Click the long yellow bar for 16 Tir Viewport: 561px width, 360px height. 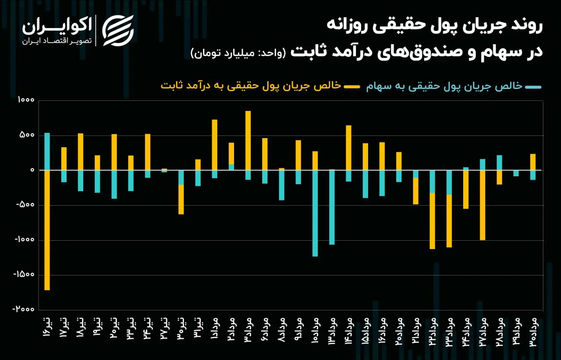(x=47, y=230)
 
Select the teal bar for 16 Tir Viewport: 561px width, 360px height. (x=47, y=152)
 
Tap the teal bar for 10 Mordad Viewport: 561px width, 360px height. (x=315, y=214)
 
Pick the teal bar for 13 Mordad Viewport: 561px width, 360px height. (x=332, y=207)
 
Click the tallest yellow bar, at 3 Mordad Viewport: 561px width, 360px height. (x=248, y=141)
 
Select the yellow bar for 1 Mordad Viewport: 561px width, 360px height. (x=215, y=145)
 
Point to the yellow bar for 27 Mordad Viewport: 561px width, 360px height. (x=483, y=205)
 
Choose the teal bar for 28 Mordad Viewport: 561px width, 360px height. (x=499, y=163)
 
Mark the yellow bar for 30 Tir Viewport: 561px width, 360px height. (x=181, y=200)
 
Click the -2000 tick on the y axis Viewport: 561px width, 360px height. (x=24, y=309)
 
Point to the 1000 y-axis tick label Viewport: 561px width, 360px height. (x=26, y=100)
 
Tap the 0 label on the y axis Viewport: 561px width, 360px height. (x=32, y=170)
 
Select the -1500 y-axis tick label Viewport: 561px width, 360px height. (x=24, y=274)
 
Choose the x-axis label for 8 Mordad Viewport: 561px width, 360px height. (x=282, y=330)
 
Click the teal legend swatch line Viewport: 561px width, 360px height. (x=533, y=87)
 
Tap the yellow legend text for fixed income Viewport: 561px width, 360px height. (x=251, y=86)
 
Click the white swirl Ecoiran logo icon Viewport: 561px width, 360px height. (x=118, y=31)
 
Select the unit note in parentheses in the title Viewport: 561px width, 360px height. (x=238, y=53)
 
